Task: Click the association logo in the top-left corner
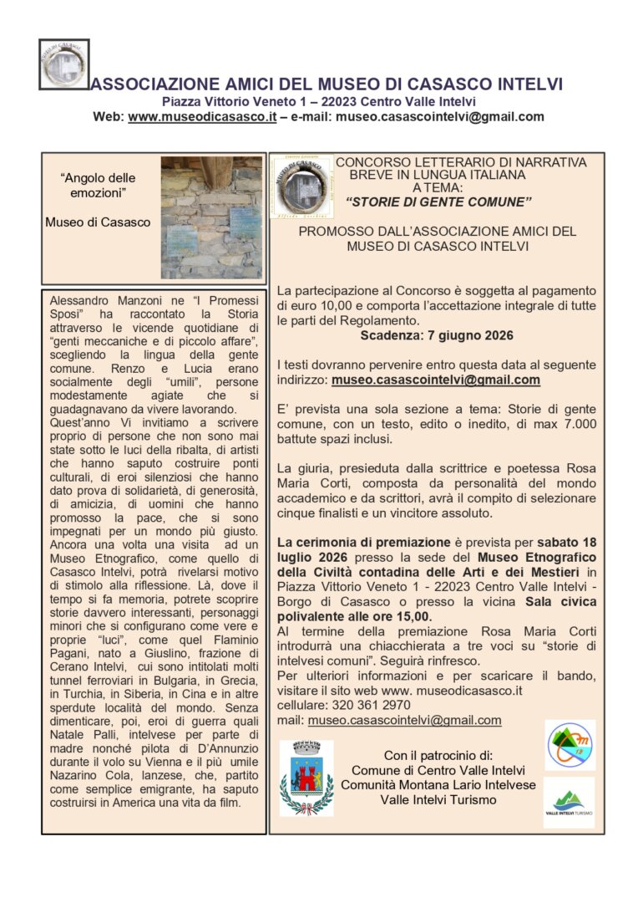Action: coord(63,64)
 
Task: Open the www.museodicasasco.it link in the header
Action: coord(201,117)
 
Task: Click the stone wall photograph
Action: coord(210,217)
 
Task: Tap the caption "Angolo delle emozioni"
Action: coord(98,186)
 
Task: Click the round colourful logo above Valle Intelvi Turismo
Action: coord(570,745)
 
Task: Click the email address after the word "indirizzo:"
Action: coord(435,379)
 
